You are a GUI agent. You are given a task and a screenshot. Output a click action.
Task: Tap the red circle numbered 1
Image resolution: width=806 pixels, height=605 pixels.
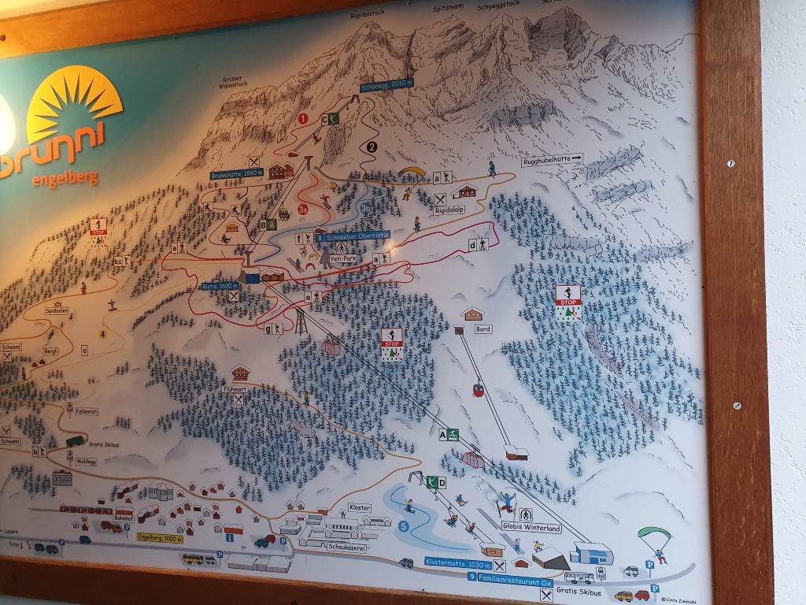click(x=303, y=119)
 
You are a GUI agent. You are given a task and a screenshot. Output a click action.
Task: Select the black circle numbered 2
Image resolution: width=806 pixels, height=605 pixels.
click(x=372, y=146)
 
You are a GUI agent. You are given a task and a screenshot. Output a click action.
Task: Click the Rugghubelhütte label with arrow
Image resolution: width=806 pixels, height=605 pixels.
click(x=553, y=161)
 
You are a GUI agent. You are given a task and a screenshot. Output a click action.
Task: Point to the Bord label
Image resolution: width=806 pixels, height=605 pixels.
click(x=482, y=330)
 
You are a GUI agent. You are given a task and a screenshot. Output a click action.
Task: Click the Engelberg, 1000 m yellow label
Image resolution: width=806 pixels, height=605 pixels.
click(x=160, y=539)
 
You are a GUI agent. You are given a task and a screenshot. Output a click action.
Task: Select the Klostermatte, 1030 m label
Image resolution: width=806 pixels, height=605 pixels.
click(x=457, y=562)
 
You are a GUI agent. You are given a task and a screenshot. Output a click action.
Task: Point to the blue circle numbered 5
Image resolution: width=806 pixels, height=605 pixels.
click(x=404, y=526)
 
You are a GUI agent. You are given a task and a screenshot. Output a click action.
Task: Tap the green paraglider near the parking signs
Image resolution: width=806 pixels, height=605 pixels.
click(x=654, y=536)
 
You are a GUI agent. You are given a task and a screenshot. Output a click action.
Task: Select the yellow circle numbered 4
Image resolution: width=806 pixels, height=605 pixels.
click(x=102, y=333)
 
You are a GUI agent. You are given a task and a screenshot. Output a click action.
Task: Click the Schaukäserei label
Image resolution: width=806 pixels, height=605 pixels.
click(x=349, y=548)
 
